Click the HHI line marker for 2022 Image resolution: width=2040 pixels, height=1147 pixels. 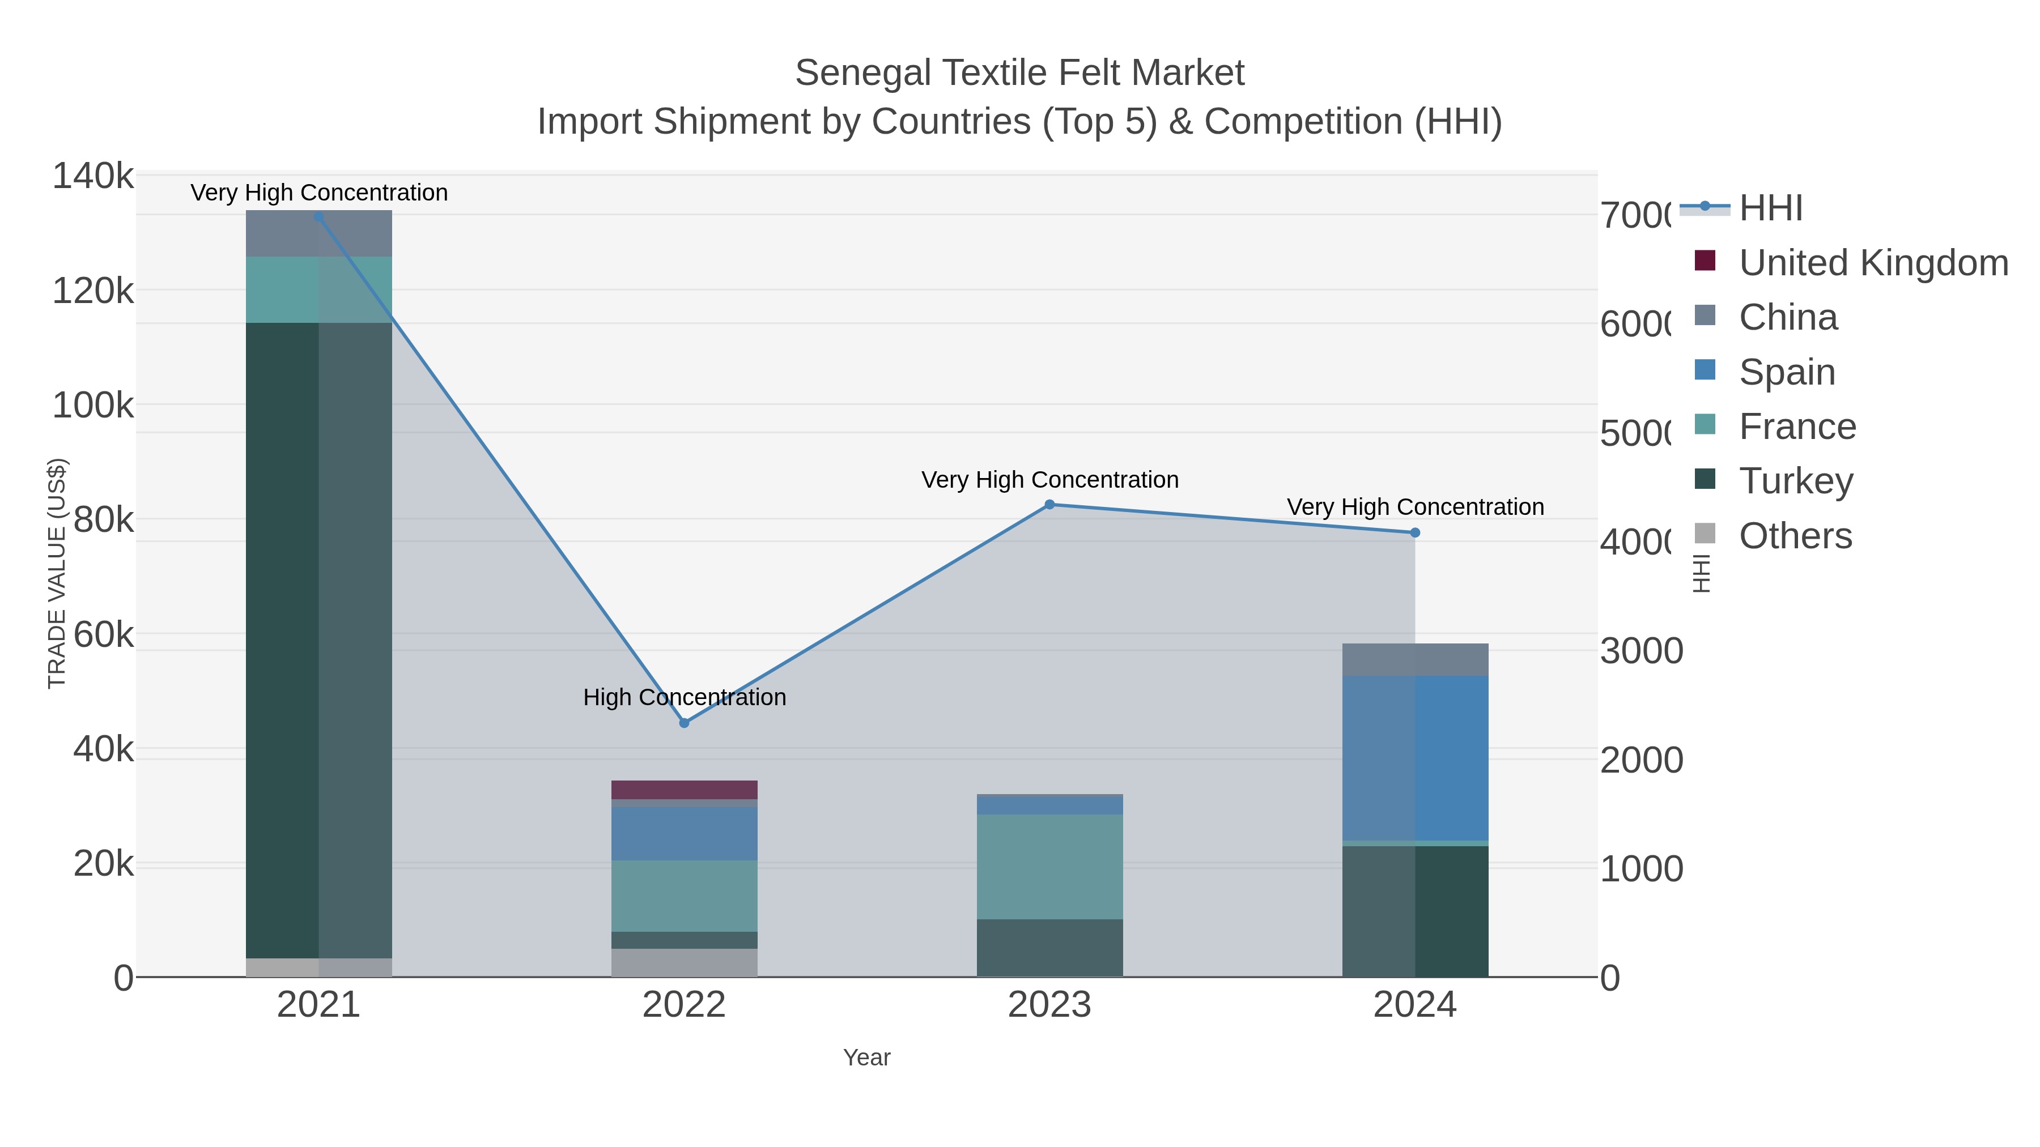[684, 723]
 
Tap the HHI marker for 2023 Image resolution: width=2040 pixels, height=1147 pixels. [1049, 504]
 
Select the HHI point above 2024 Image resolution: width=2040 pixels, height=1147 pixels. [1415, 533]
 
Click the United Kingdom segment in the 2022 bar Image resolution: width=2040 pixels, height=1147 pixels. [684, 789]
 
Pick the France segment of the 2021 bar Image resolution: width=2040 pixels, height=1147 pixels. [318, 289]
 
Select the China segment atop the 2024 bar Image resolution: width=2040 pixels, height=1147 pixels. [1415, 659]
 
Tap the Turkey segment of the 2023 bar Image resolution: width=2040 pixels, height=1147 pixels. [1049, 948]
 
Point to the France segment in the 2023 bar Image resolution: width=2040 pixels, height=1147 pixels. [1049, 867]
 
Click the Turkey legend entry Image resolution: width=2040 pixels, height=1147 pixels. [1795, 480]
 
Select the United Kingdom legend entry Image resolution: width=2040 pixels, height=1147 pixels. [1873, 263]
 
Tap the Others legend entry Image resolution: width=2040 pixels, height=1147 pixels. [1795, 536]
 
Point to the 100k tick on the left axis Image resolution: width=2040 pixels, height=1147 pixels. [93, 406]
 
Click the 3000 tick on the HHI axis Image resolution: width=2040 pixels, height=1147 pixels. [1641, 651]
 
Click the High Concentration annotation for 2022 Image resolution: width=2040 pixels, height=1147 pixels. [684, 697]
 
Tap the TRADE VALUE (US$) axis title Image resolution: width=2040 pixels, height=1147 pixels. [57, 573]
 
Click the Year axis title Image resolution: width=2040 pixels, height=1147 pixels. [866, 1058]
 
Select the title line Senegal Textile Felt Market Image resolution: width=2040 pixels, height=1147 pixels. [1019, 73]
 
